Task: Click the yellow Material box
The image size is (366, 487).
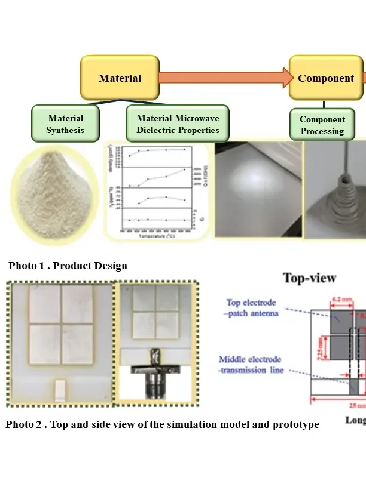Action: coord(120,78)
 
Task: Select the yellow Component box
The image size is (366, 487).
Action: coord(326,78)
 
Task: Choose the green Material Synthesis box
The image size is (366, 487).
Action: coord(65,124)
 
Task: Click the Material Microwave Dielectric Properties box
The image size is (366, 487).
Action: coord(178,124)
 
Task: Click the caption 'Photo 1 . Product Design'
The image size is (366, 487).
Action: coord(68,266)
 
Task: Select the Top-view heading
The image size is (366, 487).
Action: coord(309,278)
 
